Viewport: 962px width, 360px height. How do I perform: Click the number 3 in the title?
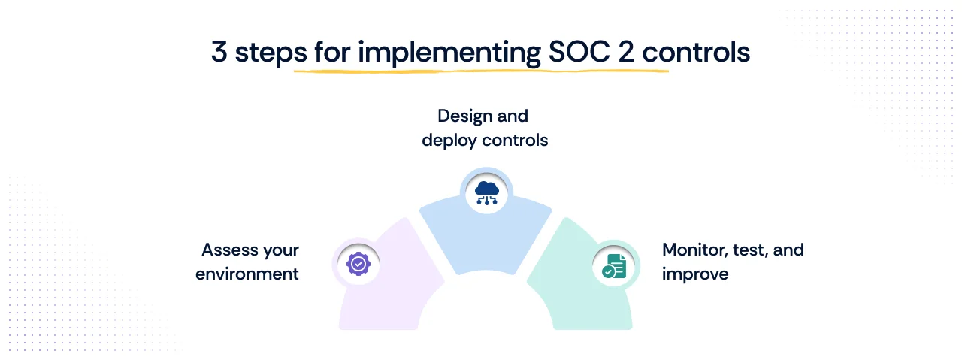click(x=219, y=53)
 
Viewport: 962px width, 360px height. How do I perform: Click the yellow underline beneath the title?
click(x=481, y=71)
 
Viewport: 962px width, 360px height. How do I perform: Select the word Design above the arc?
click(x=466, y=116)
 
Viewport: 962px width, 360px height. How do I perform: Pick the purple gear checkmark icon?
click(x=355, y=262)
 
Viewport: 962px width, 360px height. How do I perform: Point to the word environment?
click(x=247, y=274)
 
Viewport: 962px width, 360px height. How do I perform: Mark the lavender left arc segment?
click(x=383, y=301)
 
